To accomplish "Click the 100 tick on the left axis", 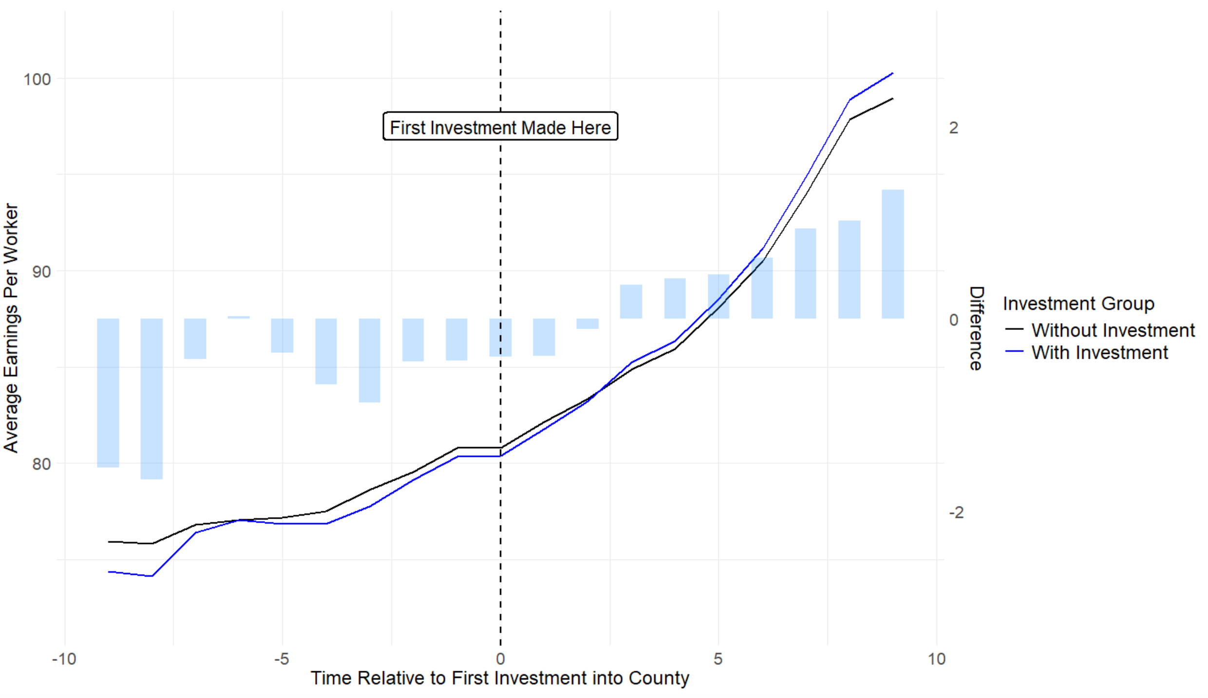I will tap(37, 79).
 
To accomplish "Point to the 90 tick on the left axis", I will tap(41, 271).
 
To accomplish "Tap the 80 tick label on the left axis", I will tap(41, 464).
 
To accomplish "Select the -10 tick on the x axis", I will tap(64, 659).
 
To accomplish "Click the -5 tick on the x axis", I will tap(282, 659).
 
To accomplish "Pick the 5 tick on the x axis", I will tap(718, 659).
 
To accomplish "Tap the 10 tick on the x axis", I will tap(936, 659).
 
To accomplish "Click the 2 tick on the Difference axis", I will tap(953, 128).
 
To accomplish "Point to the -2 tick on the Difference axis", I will tap(956, 512).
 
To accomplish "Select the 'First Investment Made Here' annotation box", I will tap(500, 127).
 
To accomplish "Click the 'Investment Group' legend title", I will tap(1078, 304).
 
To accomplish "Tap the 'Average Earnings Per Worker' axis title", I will tap(11, 328).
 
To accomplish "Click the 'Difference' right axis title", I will tap(976, 328).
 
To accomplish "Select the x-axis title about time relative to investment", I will tap(500, 678).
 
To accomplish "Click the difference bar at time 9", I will tap(892, 254).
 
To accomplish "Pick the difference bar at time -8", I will tap(151, 398).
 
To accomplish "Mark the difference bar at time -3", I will tap(369, 360).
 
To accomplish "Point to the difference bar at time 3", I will tap(631, 301).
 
